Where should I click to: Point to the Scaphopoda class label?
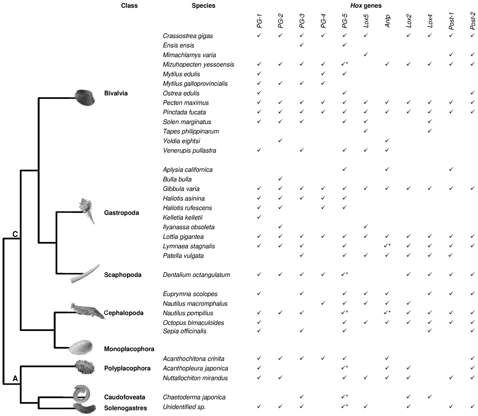click(123, 275)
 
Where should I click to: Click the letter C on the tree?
click(15, 234)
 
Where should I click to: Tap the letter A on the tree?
click(15, 379)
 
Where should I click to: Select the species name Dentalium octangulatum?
click(197, 275)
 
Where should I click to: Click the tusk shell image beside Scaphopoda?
click(85, 274)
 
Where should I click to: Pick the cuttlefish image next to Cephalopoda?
click(87, 310)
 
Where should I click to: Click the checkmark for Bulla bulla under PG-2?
click(280, 179)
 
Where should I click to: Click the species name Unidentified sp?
click(183, 407)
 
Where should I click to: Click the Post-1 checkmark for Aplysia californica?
click(451, 169)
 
